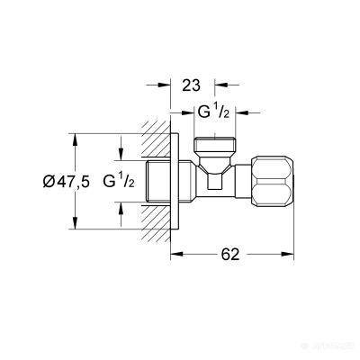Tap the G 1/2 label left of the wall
point(119,183)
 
